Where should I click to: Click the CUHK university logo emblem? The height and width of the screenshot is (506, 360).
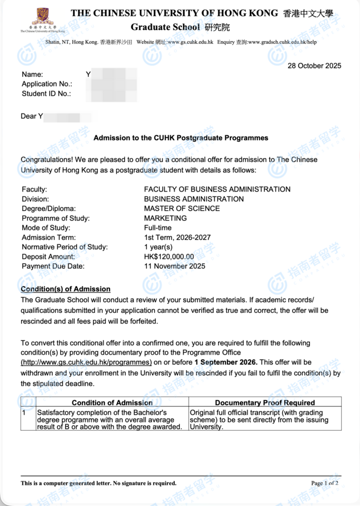42,15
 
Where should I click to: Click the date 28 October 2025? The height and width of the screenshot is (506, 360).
314,66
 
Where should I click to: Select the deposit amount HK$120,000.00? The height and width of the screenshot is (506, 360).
169,257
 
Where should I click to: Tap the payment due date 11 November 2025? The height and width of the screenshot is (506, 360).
174,266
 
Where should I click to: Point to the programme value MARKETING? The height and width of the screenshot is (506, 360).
165,218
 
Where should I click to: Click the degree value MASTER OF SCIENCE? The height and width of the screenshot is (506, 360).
181,209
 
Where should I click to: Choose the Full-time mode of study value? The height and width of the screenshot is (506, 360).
157,228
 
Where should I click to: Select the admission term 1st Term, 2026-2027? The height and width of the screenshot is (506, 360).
177,238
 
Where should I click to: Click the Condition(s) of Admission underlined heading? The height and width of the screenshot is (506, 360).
66,289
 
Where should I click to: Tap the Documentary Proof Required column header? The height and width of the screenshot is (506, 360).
264,402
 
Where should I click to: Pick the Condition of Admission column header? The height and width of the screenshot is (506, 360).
112,402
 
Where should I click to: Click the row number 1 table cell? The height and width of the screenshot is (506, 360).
24,412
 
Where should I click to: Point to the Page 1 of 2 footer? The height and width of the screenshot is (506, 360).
324,483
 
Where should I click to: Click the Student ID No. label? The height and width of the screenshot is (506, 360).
46,94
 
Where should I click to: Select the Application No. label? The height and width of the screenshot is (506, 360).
47,84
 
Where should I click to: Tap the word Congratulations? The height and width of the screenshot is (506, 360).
47,160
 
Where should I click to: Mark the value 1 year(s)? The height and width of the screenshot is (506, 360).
158,247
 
